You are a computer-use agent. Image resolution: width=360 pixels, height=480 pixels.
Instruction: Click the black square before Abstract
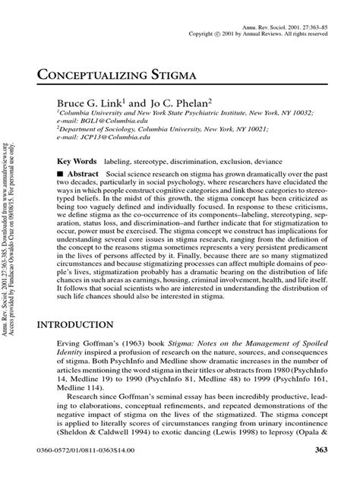pos(62,174)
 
